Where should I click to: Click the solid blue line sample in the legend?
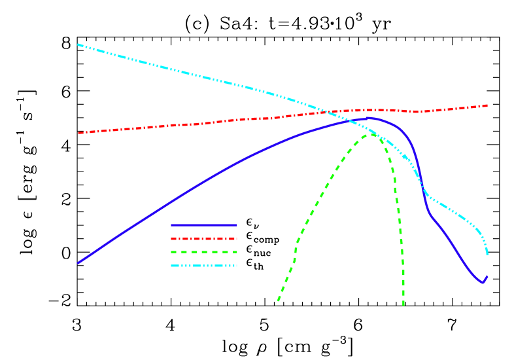(203, 225)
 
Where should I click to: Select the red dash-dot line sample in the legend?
(203, 239)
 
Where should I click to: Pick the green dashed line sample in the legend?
(203, 252)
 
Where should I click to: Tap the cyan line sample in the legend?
(203, 266)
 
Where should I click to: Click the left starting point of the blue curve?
(78, 262)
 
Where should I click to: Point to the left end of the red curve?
(78, 133)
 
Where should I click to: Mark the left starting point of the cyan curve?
(78, 45)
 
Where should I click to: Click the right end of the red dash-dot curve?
(487, 105)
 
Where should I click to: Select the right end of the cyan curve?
(487, 254)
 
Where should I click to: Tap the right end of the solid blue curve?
(487, 276)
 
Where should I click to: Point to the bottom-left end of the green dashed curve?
(277, 304)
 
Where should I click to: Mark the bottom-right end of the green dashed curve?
(403, 305)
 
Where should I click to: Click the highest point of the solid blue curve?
(368, 118)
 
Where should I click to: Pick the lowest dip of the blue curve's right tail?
(483, 283)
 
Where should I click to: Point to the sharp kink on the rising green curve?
(297, 241)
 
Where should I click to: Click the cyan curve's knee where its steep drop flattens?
(426, 194)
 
